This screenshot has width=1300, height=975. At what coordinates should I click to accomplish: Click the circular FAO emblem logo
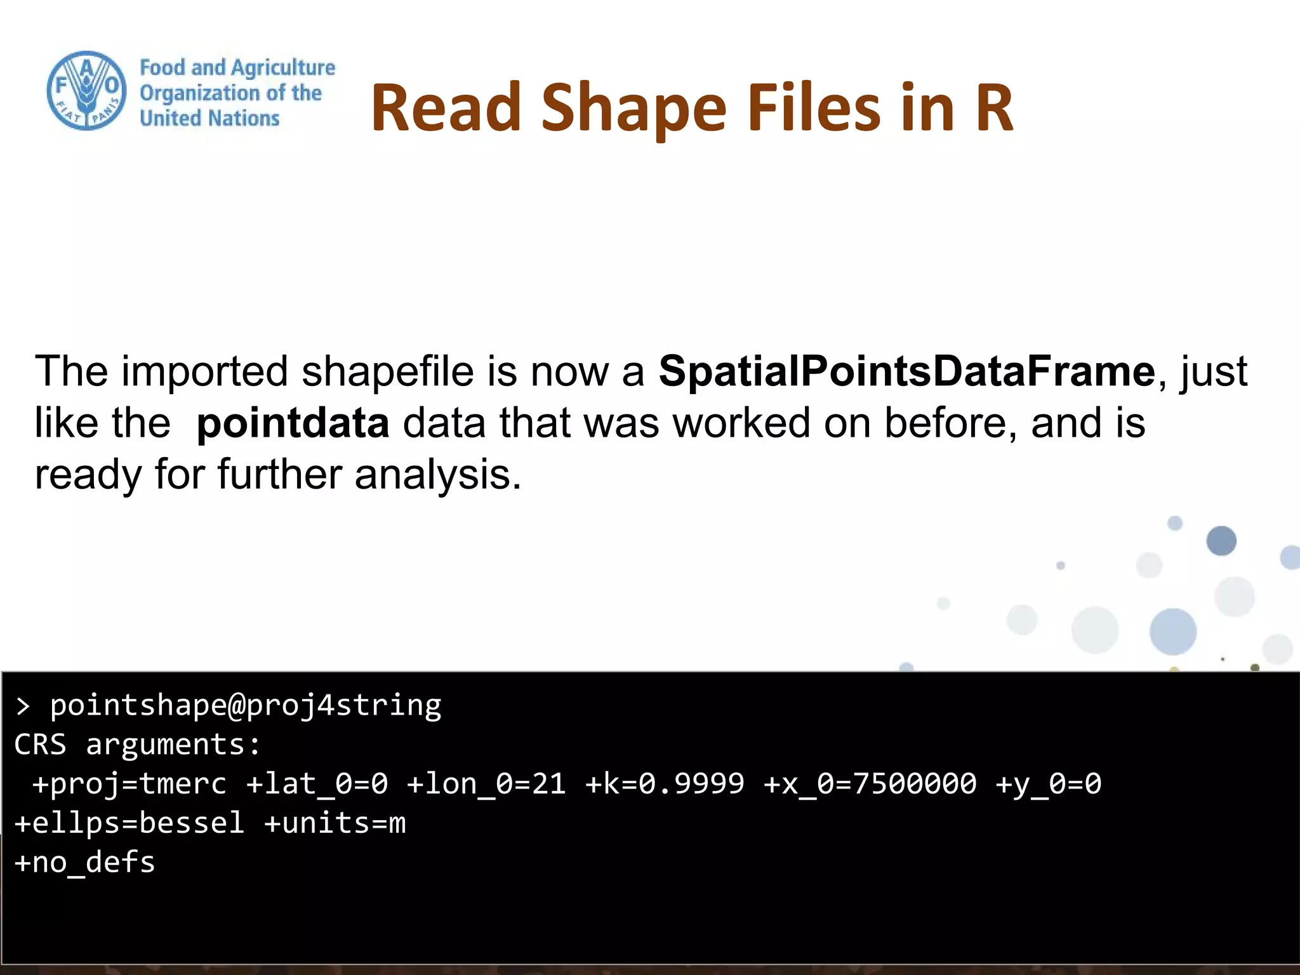coord(86,91)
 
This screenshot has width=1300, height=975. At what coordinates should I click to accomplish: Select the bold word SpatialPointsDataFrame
coord(906,371)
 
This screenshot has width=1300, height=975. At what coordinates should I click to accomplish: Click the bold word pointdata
coord(293,423)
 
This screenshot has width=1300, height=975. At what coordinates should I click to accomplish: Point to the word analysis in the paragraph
coord(438,475)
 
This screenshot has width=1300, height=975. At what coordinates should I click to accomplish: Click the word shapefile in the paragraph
coord(387,371)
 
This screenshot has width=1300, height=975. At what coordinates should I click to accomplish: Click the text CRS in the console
coord(40,745)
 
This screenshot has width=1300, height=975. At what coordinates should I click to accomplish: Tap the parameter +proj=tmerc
coord(129,784)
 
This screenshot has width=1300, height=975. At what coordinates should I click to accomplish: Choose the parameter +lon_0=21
coord(486,784)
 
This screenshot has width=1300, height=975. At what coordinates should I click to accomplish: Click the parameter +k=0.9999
coord(665,784)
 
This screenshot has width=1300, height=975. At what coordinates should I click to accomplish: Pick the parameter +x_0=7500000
coord(870,784)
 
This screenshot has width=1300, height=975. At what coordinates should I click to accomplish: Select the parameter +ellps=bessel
coord(129,823)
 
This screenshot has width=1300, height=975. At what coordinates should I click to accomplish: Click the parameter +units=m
coord(335,823)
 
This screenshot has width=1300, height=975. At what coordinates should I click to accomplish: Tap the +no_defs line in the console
coord(84,863)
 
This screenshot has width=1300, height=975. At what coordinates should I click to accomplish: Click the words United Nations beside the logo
coord(209,119)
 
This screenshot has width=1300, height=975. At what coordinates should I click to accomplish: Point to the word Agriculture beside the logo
coord(282,67)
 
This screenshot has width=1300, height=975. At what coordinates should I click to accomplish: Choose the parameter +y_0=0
coord(1048,784)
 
